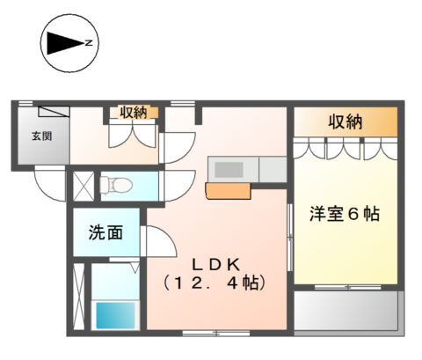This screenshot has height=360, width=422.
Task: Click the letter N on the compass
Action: click(x=89, y=43)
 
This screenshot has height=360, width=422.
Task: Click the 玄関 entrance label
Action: click(x=42, y=136)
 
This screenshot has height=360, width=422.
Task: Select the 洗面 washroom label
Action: click(x=105, y=232)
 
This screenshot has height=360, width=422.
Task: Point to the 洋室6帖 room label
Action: click(x=345, y=214)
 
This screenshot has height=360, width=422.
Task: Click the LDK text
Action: click(x=216, y=266)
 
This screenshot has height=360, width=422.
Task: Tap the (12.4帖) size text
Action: click(x=215, y=283)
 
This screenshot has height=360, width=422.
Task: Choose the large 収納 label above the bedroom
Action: click(x=346, y=121)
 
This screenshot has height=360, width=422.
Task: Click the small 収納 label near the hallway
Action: click(x=134, y=113)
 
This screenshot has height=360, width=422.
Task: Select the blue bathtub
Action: click(x=115, y=315)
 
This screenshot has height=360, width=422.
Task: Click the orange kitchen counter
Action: click(x=229, y=191)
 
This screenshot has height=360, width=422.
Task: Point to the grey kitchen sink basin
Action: click(x=229, y=170)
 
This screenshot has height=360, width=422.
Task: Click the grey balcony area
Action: click(x=346, y=311)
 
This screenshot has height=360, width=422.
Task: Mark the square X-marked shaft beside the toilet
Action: click(x=84, y=187)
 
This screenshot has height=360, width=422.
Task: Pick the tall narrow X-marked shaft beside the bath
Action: click(x=78, y=297)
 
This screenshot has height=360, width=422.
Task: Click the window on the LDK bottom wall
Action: click(x=216, y=334)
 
